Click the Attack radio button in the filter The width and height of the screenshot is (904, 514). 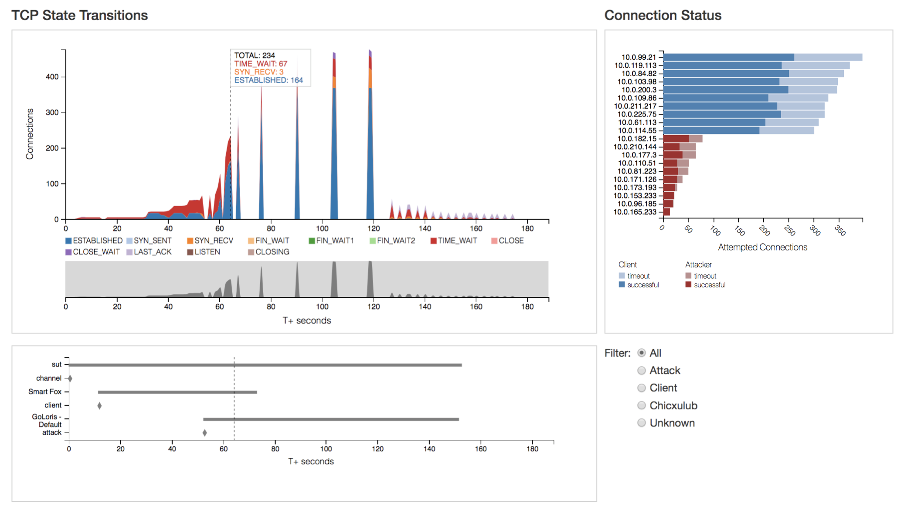(641, 371)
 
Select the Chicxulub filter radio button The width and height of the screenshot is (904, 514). (641, 405)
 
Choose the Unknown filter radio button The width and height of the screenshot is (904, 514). (641, 423)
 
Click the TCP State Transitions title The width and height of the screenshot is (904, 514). (79, 15)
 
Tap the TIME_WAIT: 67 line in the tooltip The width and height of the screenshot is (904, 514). (260, 64)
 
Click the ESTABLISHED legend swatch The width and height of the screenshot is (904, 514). (68, 241)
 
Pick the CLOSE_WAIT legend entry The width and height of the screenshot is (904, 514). (92, 252)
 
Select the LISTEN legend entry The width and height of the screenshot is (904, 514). (204, 252)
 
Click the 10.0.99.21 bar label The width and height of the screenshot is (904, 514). (639, 57)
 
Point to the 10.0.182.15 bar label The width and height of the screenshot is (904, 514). (636, 139)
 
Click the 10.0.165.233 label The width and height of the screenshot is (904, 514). (635, 212)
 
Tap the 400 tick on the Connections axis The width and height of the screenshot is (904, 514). (52, 77)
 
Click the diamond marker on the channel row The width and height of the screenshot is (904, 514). (70, 378)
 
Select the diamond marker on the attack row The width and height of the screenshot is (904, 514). (204, 433)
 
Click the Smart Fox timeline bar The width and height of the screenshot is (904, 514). (177, 392)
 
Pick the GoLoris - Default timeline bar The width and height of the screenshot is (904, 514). (331, 419)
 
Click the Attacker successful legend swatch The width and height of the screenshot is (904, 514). (688, 285)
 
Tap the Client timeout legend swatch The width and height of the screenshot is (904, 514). (622, 276)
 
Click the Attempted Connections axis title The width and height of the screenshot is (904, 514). (762, 247)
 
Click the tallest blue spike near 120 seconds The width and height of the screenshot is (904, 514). (370, 153)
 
